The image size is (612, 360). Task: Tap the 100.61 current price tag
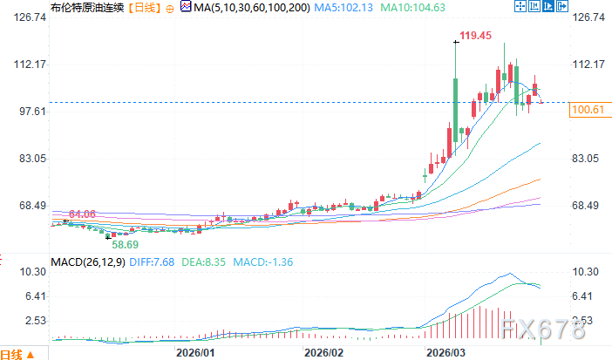(586, 110)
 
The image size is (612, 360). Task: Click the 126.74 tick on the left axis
(18, 17)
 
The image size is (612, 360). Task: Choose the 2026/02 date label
(322, 352)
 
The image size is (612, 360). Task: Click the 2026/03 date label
(444, 352)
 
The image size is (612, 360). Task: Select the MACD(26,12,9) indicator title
(88, 262)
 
